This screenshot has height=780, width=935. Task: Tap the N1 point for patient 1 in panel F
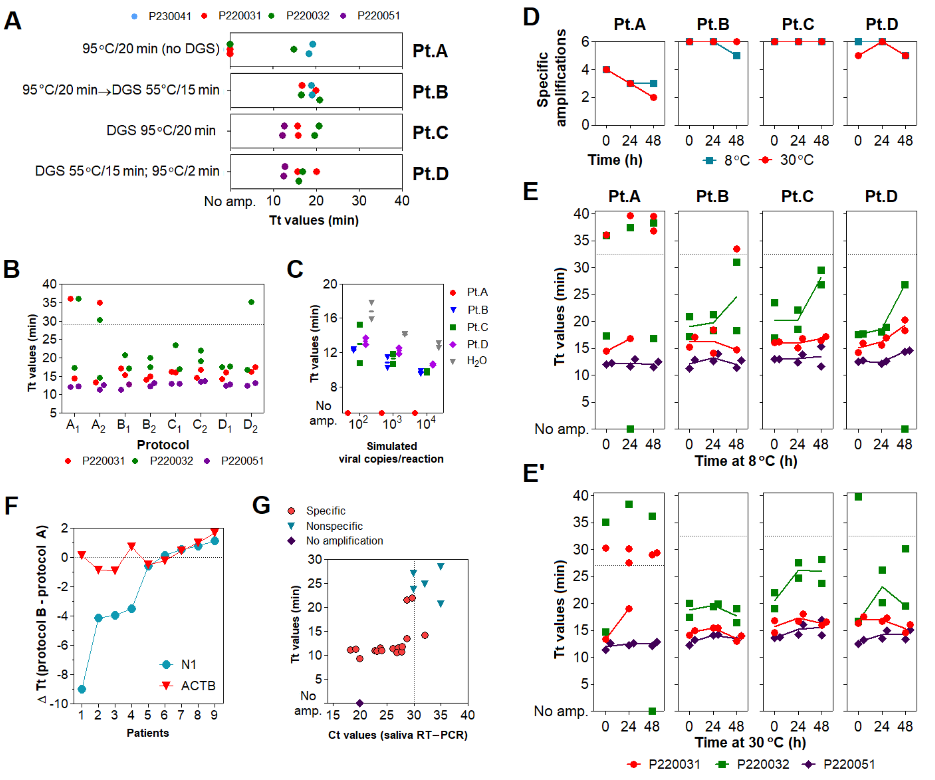pos(81,689)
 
